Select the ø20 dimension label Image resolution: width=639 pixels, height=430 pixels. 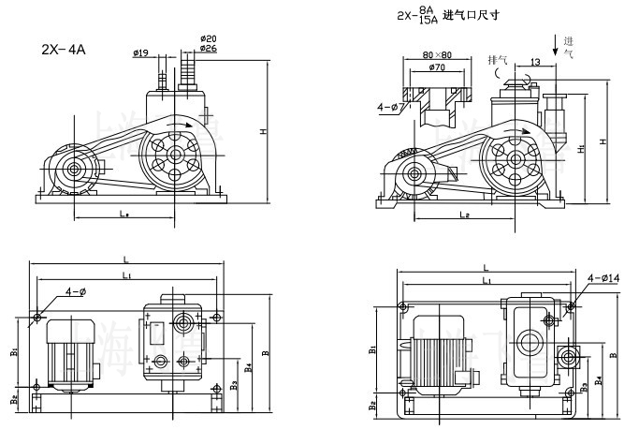[209, 37]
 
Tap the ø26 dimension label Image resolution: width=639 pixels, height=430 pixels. [209, 48]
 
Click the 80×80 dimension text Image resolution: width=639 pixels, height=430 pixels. [438, 54]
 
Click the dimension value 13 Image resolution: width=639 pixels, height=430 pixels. [534, 62]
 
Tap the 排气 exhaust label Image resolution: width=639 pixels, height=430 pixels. [499, 60]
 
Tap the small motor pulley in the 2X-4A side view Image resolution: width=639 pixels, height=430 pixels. [72, 171]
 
